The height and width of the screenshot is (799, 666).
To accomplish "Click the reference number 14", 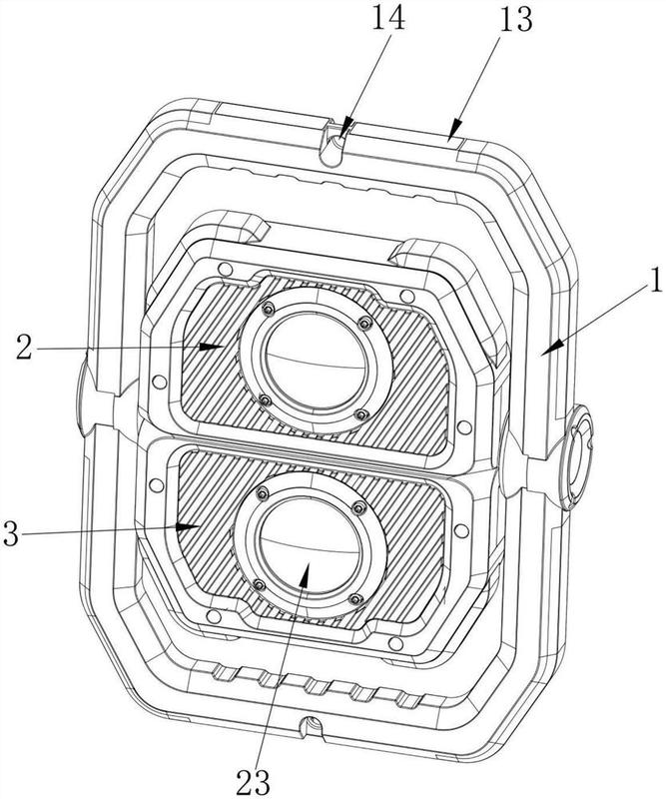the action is [x=388, y=18].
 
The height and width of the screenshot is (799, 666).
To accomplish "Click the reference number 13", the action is [x=515, y=20].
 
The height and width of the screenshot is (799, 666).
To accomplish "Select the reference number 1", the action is [x=655, y=280].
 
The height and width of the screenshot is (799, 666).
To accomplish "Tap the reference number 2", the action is [x=23, y=347].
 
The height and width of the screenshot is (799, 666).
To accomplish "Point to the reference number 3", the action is [x=11, y=534].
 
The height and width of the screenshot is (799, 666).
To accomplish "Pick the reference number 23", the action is [x=254, y=782].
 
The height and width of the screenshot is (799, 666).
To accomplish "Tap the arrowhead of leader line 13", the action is [x=455, y=127].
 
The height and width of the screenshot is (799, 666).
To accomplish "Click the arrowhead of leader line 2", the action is [x=212, y=347].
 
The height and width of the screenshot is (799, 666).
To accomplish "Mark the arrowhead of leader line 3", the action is [x=188, y=526].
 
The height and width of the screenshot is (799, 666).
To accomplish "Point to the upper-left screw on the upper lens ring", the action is [x=268, y=309].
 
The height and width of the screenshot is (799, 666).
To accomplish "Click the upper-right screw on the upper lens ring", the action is [x=364, y=323].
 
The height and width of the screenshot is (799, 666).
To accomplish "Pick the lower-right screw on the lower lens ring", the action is [x=356, y=599].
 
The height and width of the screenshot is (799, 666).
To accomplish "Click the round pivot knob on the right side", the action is [x=576, y=457].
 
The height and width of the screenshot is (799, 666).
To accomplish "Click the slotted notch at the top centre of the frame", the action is [x=333, y=145].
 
